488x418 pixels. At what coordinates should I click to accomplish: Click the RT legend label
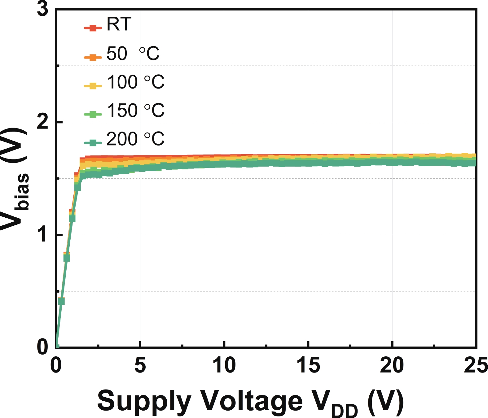pyautogui.click(x=119, y=24)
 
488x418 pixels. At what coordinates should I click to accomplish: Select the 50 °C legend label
pyautogui.click(x=133, y=53)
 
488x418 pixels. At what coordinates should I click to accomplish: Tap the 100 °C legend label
pyautogui.click(x=136, y=82)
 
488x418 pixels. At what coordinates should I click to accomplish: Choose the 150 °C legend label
pyautogui.click(x=136, y=110)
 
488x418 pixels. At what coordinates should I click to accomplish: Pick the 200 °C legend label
pyautogui.click(x=135, y=139)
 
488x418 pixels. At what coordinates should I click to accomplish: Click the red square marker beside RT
pyautogui.click(x=93, y=28)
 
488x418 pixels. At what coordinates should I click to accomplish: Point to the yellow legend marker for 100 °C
pyautogui.click(x=93, y=85)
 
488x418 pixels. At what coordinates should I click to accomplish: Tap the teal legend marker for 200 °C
pyautogui.click(x=93, y=143)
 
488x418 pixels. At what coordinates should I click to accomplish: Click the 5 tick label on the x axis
pyautogui.click(x=140, y=365)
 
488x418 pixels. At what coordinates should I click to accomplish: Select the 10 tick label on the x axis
pyautogui.click(x=224, y=365)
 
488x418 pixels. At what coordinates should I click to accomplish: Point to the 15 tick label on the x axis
pyautogui.click(x=308, y=365)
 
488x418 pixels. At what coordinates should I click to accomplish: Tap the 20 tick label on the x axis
pyautogui.click(x=392, y=365)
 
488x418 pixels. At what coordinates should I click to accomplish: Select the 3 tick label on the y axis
pyautogui.click(x=43, y=9)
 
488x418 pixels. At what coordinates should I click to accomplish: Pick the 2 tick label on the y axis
pyautogui.click(x=43, y=122)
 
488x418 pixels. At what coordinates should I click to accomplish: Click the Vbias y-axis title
pyautogui.click(x=15, y=180)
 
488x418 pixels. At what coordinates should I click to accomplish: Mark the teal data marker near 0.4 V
pyautogui.click(x=61, y=301)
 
